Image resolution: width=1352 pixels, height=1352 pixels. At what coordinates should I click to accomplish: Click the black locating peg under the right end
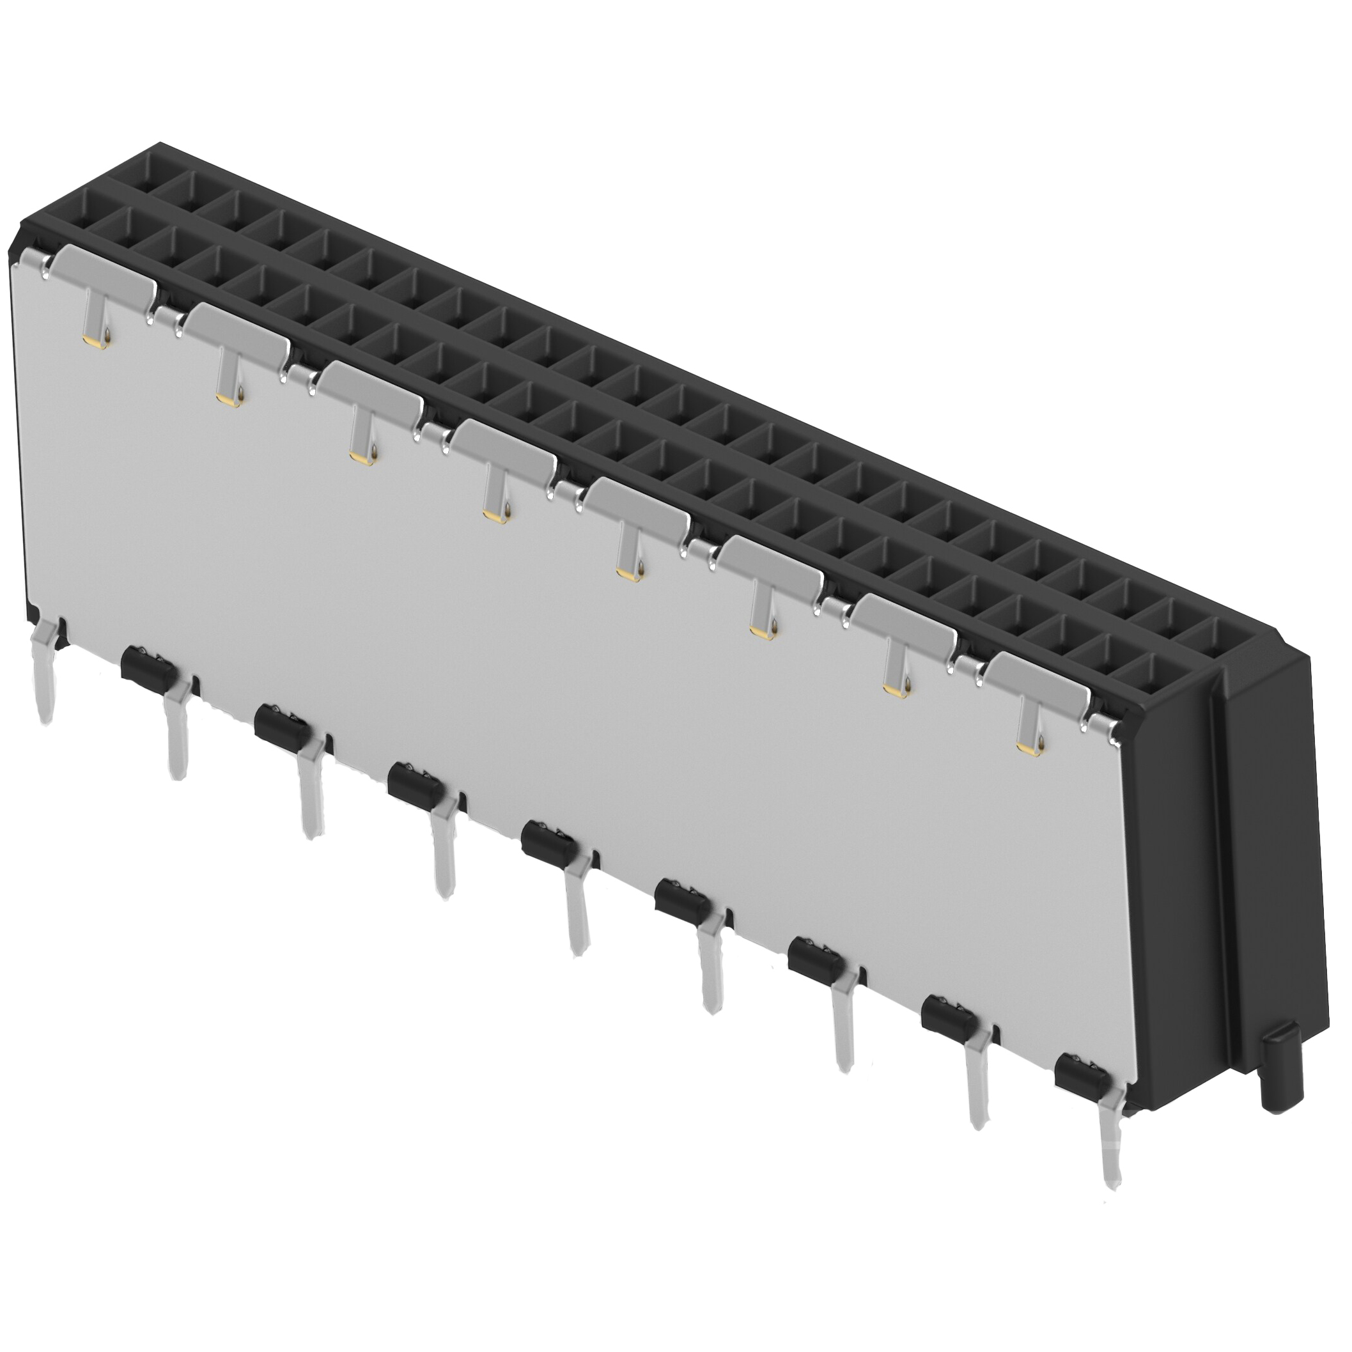1286,1075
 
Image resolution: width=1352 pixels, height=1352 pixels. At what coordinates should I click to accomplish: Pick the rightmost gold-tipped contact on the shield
1029,734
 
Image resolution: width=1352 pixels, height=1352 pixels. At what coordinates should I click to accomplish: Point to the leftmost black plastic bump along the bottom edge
147,665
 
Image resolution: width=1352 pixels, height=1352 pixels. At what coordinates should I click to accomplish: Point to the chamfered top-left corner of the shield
17,256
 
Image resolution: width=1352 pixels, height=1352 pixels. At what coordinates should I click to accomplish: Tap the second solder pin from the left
176,734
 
